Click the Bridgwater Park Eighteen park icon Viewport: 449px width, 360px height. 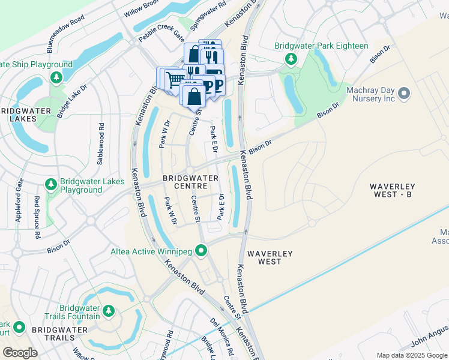click(x=291, y=58)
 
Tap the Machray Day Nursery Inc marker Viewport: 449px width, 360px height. click(x=404, y=93)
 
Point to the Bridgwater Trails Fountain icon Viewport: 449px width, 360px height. click(x=109, y=310)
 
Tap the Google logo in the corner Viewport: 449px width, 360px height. click(x=21, y=352)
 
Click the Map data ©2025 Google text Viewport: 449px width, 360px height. click(x=412, y=355)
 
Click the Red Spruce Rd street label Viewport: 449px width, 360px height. click(x=37, y=214)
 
